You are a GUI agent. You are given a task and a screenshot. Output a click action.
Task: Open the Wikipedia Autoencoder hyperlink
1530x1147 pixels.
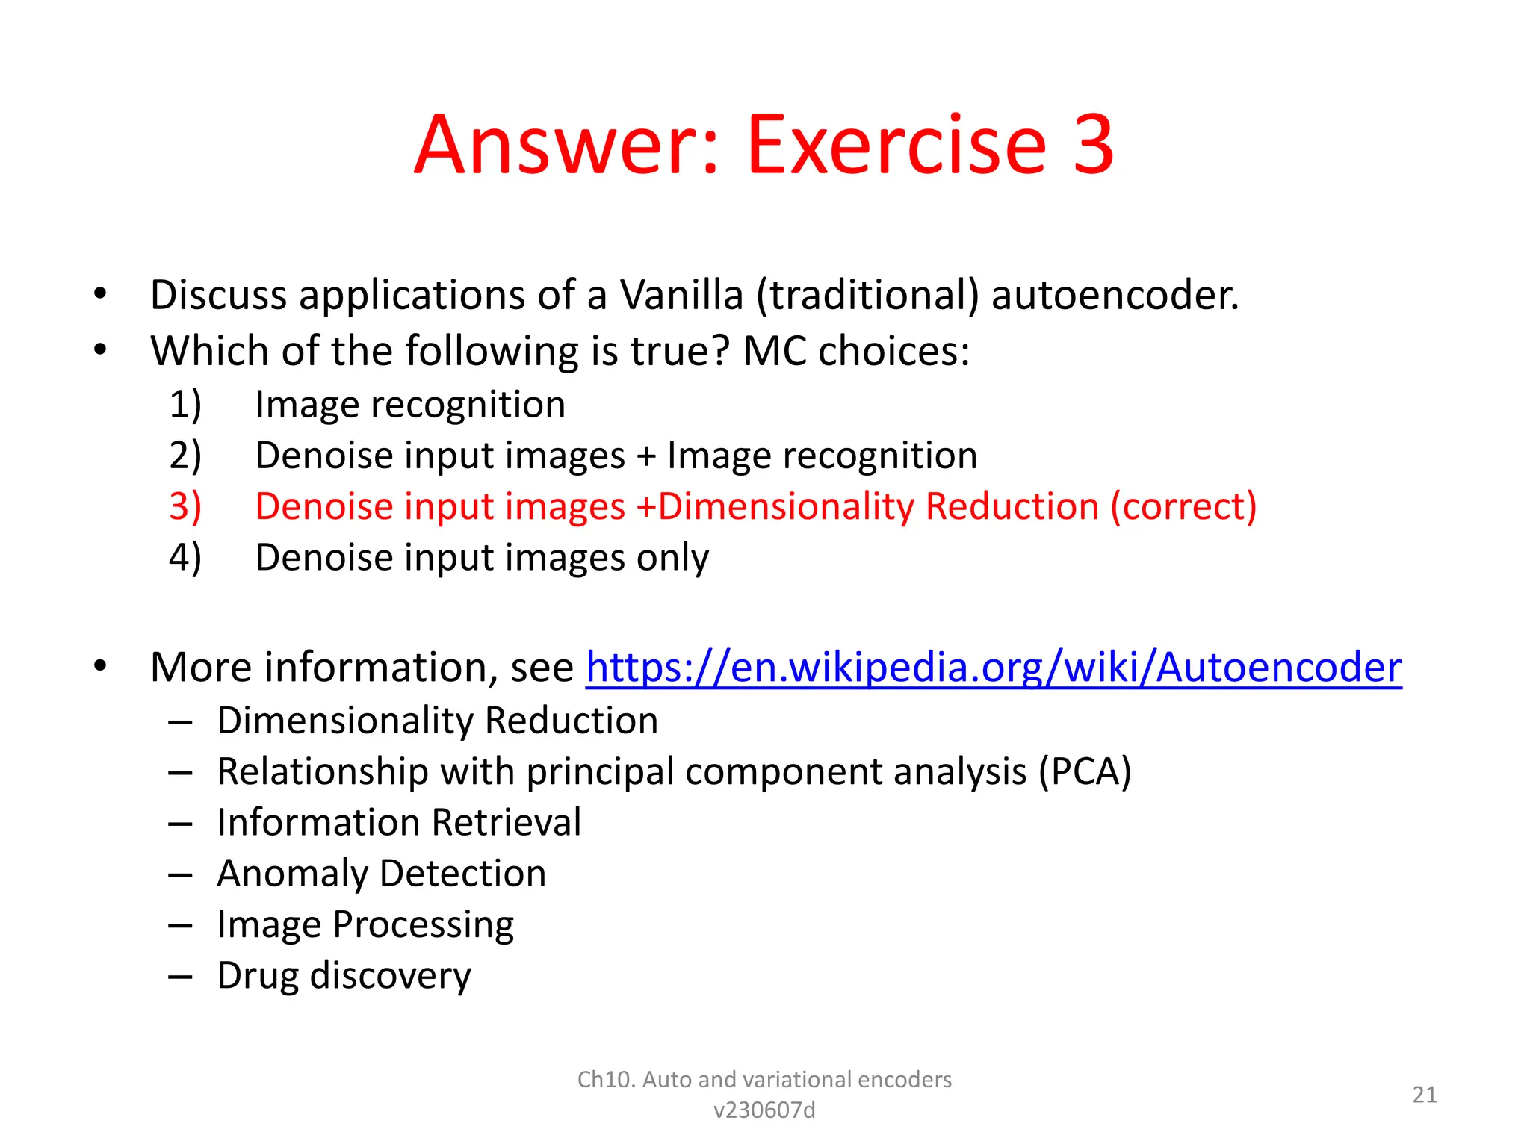tap(993, 667)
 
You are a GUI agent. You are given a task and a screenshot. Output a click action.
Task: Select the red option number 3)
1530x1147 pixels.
tap(185, 506)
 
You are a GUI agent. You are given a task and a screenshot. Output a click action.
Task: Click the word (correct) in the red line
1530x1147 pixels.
tap(1183, 506)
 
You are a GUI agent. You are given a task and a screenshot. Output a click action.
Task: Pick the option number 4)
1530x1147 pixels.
tap(185, 558)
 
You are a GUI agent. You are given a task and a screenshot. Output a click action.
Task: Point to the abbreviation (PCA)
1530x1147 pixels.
tap(1085, 771)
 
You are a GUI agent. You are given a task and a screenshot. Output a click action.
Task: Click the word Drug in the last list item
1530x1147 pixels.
tap(259, 975)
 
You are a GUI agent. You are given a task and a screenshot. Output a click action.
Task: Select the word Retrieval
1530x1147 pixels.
tap(506, 822)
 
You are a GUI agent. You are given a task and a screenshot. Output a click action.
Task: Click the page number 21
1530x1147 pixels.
tap(1425, 1095)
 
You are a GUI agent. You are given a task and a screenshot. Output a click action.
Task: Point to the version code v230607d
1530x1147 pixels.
tap(764, 1110)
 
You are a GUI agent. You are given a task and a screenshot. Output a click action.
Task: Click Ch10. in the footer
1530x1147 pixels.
tap(606, 1080)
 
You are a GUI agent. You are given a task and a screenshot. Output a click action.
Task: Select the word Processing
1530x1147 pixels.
tap(423, 924)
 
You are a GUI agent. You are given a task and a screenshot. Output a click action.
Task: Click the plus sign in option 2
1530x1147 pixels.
tap(646, 456)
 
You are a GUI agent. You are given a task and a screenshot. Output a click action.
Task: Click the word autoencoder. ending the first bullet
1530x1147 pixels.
tap(1115, 295)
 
